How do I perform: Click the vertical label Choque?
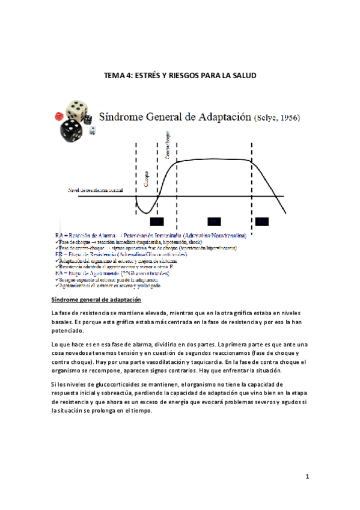[x=147, y=178]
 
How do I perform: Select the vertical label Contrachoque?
[x=168, y=146]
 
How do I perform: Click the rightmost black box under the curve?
[x=261, y=221]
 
